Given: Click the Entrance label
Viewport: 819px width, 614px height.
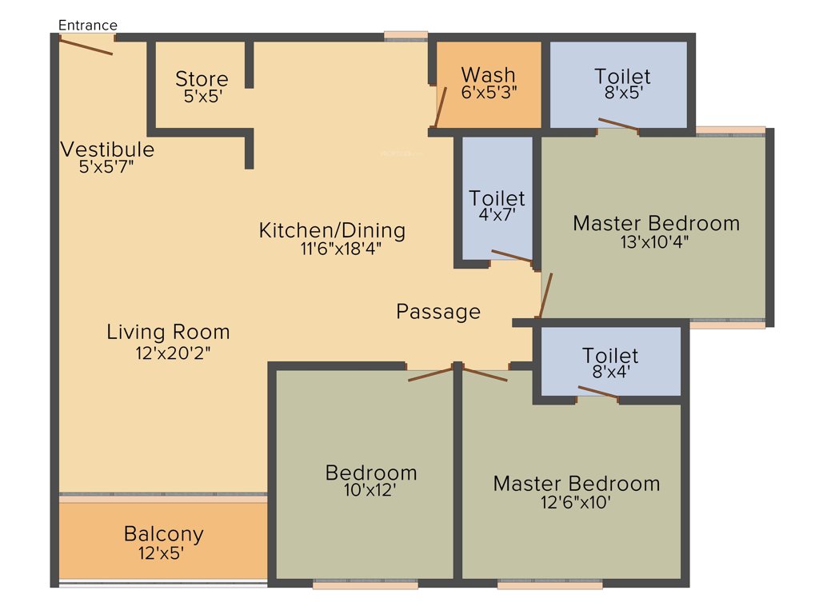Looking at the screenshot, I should pos(88,26).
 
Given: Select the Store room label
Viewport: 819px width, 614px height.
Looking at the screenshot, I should pos(202,79).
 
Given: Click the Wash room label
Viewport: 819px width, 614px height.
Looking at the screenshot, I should pos(489,76).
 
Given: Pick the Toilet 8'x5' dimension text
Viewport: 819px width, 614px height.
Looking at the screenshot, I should pos(622,92).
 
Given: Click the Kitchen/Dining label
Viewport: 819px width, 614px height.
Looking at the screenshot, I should pos(332,231).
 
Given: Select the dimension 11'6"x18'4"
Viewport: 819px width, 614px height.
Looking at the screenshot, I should pos(341,249).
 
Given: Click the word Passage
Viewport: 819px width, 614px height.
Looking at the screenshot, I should pos(438,312).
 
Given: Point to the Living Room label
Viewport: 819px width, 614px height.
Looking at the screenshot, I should pos(168,332).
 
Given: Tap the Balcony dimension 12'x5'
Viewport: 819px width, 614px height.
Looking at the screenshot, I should pos(163,552).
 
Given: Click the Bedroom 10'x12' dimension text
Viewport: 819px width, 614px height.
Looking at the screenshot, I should pos(370,491).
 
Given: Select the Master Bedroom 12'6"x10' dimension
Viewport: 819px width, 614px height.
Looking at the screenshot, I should pos(575,503).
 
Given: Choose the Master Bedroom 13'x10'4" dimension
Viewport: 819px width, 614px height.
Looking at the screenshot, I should pos(655,242).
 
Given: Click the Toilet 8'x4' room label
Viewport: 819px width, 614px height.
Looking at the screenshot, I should pos(610,355).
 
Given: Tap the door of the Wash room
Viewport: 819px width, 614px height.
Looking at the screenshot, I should pos(439,107).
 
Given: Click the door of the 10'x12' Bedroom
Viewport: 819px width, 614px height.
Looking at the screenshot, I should pos(430,374).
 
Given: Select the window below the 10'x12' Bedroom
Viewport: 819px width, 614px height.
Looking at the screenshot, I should pos(365,585).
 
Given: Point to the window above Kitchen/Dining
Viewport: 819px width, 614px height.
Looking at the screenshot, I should pos(406,35).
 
